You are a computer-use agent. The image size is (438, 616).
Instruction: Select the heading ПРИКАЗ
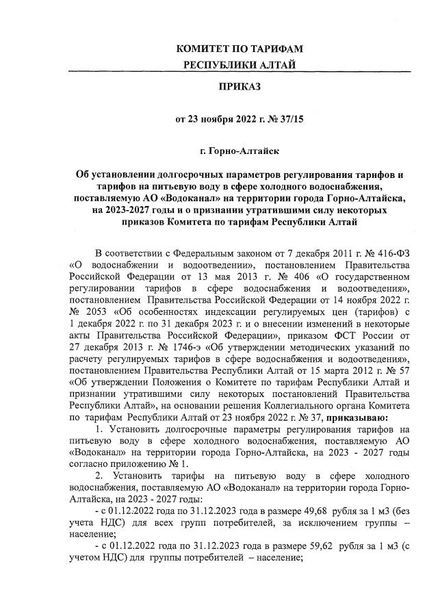239,86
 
